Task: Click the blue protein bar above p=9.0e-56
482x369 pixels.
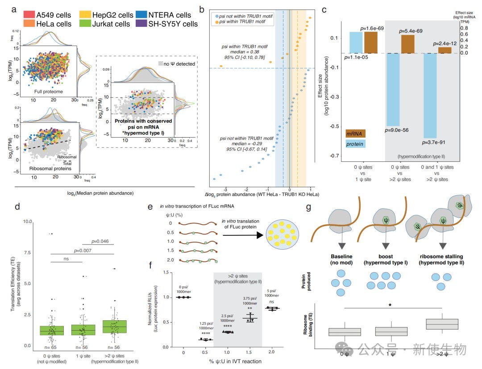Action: [392, 89]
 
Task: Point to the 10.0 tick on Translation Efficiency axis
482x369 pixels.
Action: [27, 222]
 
